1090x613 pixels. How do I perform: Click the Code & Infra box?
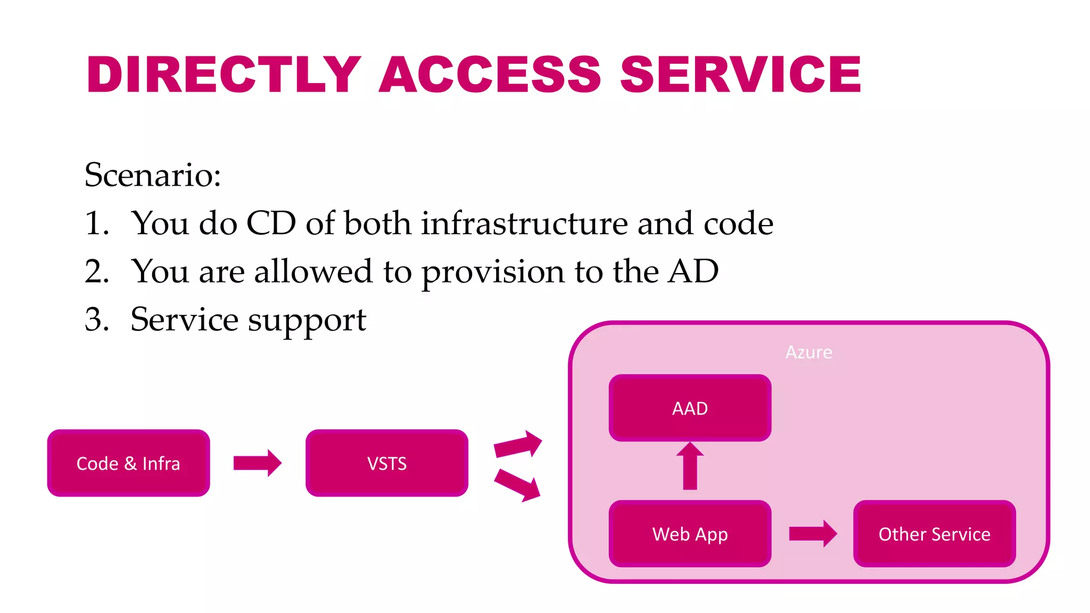(128, 463)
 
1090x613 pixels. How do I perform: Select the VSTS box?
(387, 463)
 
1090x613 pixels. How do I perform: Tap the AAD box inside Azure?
(690, 408)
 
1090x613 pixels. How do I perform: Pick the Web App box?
(690, 534)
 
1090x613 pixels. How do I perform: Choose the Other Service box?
(934, 534)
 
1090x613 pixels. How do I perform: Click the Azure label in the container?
(808, 352)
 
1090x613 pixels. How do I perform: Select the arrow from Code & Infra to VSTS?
(257, 463)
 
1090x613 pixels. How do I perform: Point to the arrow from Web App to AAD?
(690, 466)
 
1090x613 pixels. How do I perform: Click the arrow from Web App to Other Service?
(813, 533)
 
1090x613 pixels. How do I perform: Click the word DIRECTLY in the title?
(224, 74)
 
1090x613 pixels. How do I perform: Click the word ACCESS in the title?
(490, 74)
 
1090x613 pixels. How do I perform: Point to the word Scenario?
(153, 175)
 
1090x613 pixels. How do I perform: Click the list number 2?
(96, 271)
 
